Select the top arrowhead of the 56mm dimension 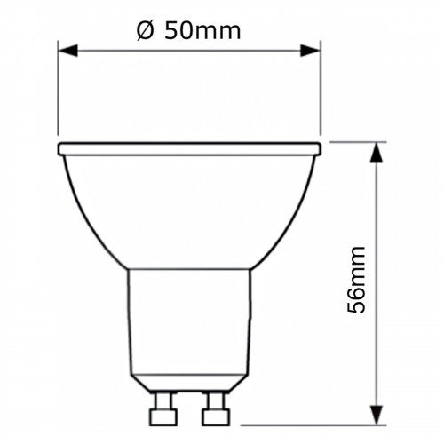(377, 151)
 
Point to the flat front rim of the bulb (188, 147)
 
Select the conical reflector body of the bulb (188, 204)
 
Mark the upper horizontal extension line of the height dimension (355, 141)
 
